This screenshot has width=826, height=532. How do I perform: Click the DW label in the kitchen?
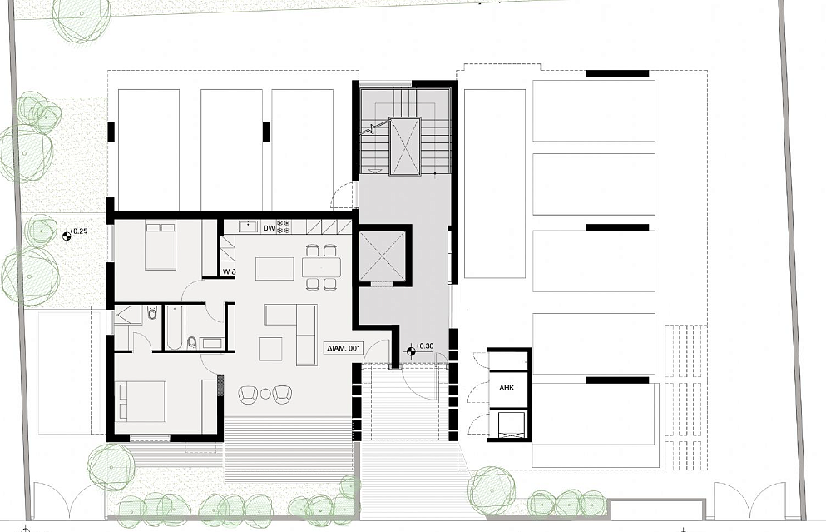(270, 228)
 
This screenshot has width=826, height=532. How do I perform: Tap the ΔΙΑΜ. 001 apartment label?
(344, 348)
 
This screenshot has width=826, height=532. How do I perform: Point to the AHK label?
(507, 388)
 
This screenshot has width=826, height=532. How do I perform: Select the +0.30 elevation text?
(424, 346)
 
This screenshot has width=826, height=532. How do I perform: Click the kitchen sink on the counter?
(248, 226)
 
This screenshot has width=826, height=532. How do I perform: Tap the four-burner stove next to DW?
(284, 226)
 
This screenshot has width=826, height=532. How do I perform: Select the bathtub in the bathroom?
(175, 327)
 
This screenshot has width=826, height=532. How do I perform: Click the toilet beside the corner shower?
(152, 314)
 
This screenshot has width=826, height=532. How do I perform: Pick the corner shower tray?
(128, 315)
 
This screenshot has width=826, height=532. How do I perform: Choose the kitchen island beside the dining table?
(275, 269)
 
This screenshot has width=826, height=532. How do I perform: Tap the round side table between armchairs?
(265, 393)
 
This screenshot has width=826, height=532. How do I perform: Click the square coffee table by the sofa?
(270, 349)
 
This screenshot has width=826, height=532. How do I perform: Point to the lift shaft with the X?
(382, 256)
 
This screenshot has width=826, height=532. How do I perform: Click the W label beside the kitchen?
(227, 272)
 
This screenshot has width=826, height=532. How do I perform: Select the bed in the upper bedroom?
(161, 246)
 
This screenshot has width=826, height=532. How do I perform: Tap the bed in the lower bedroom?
(140, 401)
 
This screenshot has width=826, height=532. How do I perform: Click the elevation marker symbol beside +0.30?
(411, 351)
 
